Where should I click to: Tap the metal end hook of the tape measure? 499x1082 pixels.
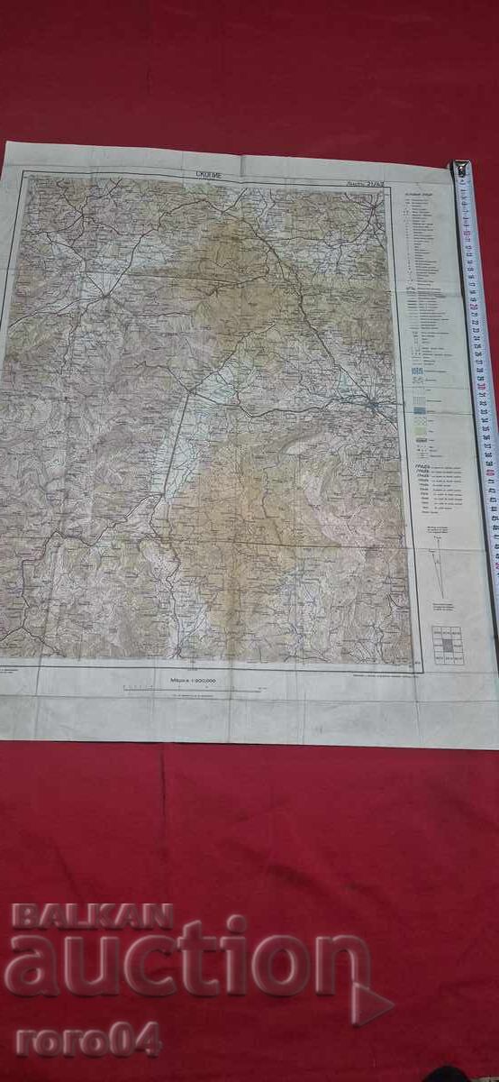click(x=461, y=169)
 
